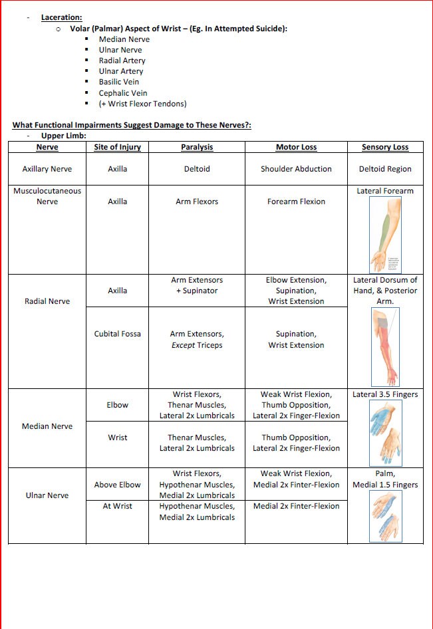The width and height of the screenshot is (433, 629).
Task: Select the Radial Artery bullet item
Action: (122, 61)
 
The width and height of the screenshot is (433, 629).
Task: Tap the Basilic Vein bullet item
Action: (119, 82)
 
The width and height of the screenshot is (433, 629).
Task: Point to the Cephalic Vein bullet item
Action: (123, 93)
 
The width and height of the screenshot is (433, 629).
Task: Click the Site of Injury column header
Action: (118, 147)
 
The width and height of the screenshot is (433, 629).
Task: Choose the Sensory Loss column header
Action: (385, 147)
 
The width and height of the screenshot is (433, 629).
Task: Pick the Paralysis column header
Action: (197, 147)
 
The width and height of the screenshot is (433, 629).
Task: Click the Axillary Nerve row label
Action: (47, 169)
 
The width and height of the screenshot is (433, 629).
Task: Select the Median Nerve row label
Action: (47, 426)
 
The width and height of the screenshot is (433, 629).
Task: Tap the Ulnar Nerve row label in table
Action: (47, 495)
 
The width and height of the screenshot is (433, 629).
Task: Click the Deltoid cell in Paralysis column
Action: (197, 169)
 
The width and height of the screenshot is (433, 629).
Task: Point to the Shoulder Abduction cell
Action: (296, 169)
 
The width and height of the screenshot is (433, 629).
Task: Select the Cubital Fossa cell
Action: (118, 334)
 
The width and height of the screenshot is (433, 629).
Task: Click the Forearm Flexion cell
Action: (296, 201)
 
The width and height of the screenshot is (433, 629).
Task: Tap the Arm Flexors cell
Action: (197, 201)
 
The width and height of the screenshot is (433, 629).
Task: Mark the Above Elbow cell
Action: (118, 485)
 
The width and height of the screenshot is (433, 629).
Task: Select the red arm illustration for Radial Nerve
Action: (385, 346)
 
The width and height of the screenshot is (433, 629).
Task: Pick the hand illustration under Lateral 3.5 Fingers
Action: (385, 432)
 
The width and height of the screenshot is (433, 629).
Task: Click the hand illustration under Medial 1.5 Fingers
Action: (385, 516)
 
